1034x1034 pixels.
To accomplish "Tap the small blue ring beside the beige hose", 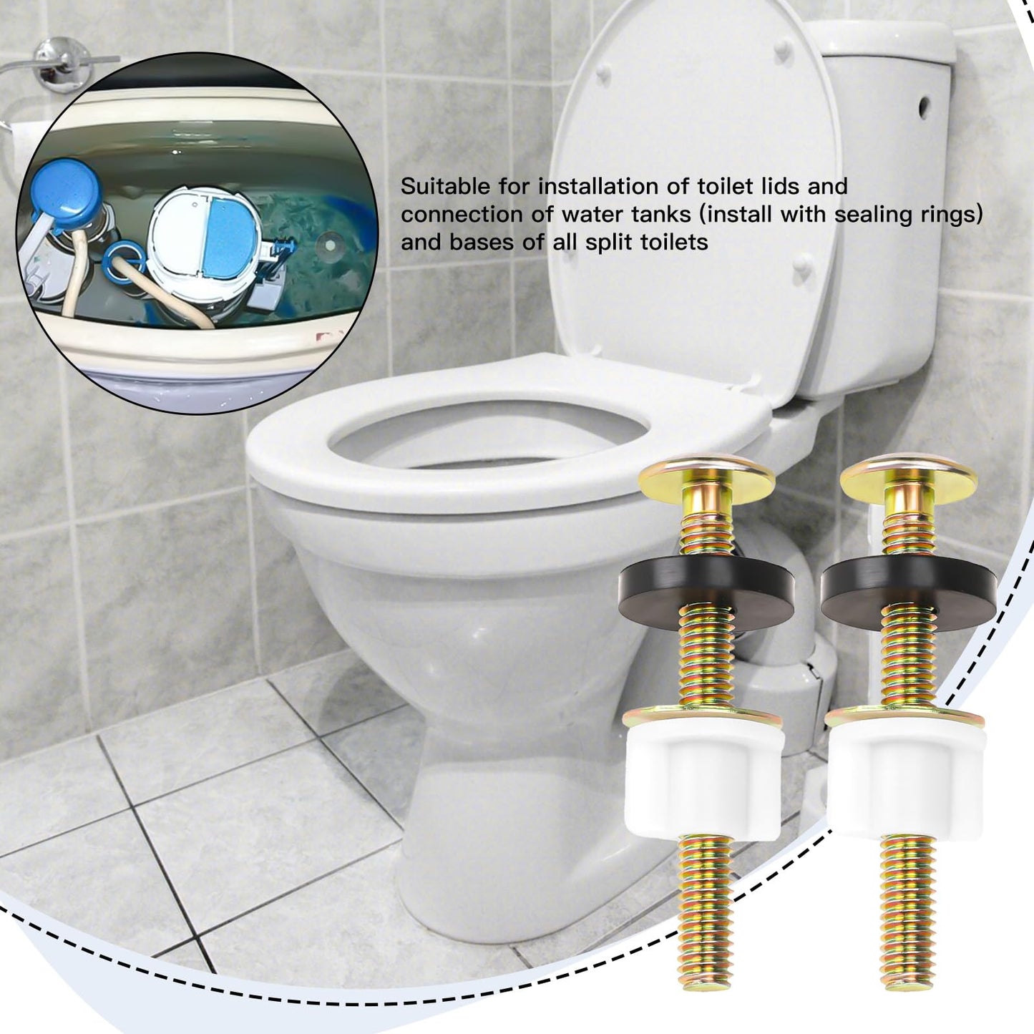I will pyautogui.click(x=122, y=257).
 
